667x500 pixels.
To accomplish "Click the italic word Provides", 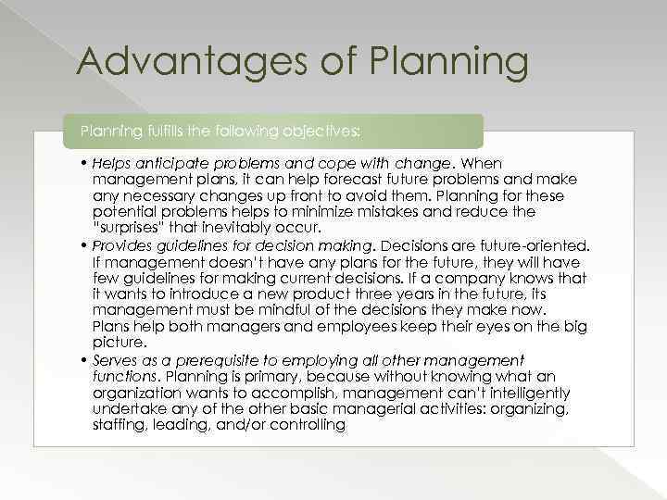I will pos(125,244).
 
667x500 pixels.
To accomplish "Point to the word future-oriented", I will pos(532,244).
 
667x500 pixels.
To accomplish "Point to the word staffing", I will pos(119,424).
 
